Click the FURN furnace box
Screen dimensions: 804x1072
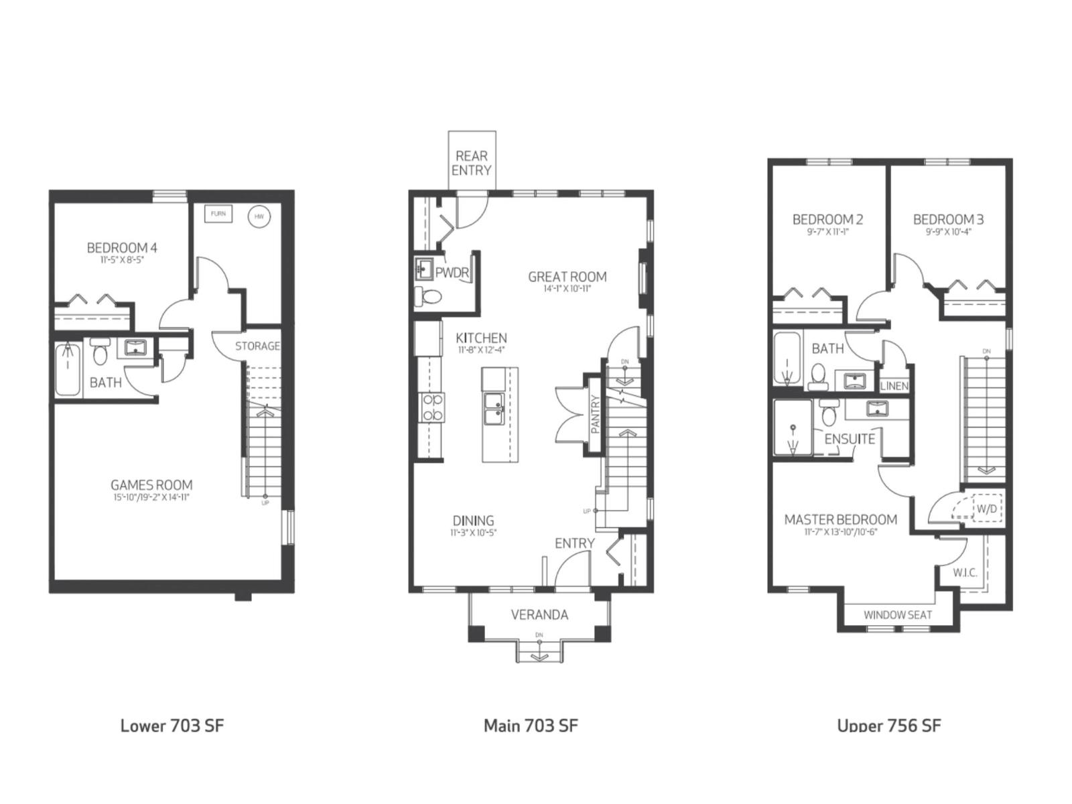218,214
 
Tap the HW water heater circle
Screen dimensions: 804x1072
259,216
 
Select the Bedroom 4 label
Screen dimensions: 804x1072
122,248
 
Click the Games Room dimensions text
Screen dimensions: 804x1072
151,498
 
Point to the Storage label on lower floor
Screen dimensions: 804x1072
257,346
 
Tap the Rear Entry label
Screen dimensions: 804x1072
471,163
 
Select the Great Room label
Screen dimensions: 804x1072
567,276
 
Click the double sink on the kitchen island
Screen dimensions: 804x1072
494,409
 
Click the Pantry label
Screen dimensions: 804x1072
595,415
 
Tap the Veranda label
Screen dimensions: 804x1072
539,614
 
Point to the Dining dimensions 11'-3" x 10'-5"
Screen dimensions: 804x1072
473,533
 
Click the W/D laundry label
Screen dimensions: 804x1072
986,509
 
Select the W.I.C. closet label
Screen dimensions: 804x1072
965,573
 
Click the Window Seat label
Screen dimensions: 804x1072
898,614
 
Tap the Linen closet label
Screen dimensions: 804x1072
894,386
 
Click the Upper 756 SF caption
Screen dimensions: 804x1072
888,725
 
